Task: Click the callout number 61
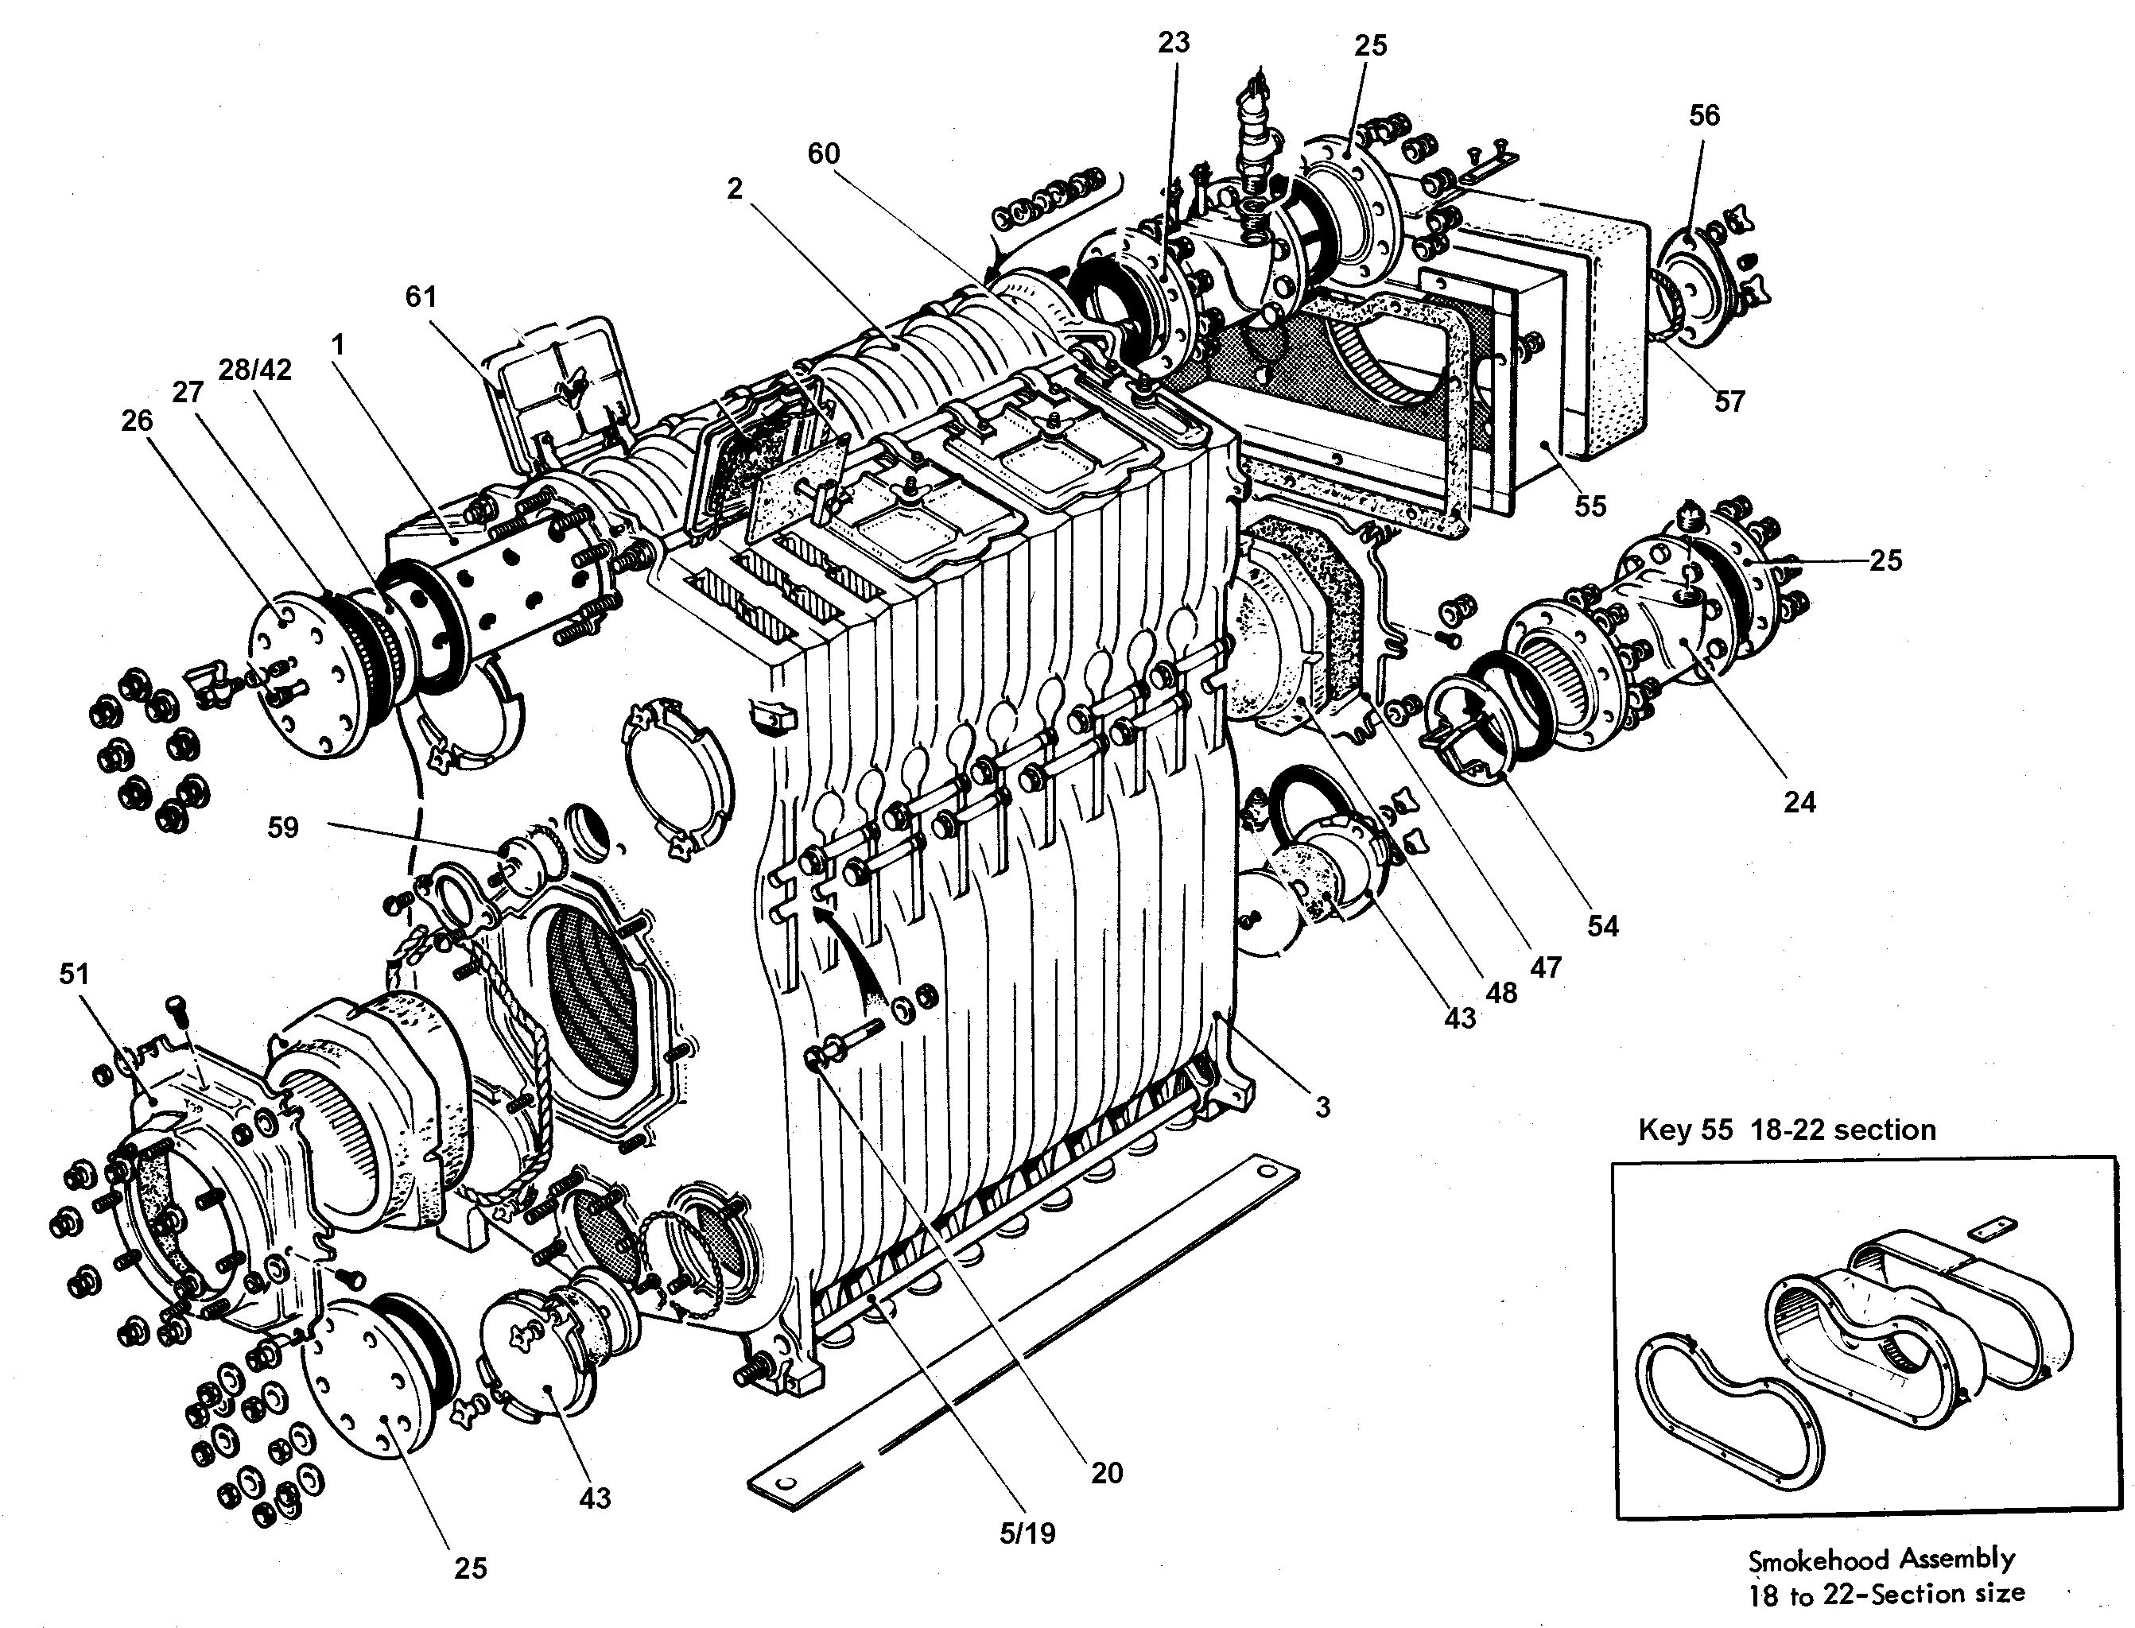click(x=421, y=296)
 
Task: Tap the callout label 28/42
click(x=256, y=369)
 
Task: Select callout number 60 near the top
click(x=823, y=153)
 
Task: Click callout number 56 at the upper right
click(x=1704, y=115)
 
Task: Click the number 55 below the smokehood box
click(x=1590, y=506)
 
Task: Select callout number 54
click(x=1602, y=925)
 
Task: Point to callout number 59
click(x=283, y=828)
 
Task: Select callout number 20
click(x=1106, y=1473)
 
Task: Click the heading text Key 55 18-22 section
click(x=1786, y=1130)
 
